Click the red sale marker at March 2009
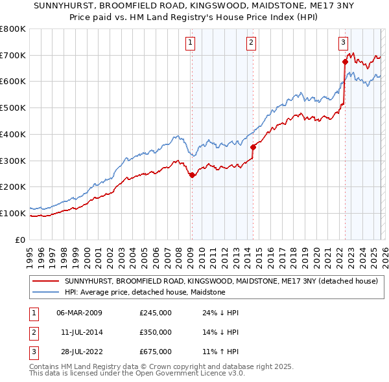[x=192, y=175]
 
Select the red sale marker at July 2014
[x=253, y=147]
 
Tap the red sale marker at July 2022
[x=345, y=62]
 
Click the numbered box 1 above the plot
[x=191, y=43]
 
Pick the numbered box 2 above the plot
[x=251, y=43]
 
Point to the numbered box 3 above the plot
[x=342, y=43]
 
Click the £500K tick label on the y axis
[x=13, y=108]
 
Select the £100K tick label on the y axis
[x=13, y=213]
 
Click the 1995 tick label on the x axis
[x=30, y=253]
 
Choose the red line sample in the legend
[x=46, y=282]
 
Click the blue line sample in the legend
[x=46, y=293]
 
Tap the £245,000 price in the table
[x=156, y=313]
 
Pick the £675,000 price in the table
[x=156, y=352]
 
